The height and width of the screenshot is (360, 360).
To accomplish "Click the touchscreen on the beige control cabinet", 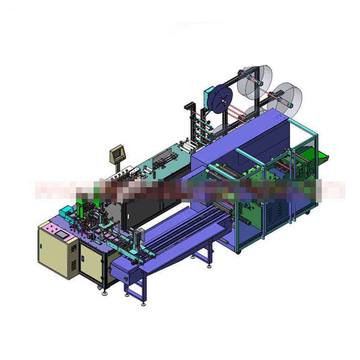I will (x=61, y=235).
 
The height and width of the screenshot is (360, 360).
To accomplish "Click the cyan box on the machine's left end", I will (x=67, y=210).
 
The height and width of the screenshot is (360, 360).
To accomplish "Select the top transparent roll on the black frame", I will (x=255, y=79).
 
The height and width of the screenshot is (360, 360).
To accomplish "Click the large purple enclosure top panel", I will (x=238, y=135).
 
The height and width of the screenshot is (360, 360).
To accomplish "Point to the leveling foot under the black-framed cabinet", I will (x=105, y=292).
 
